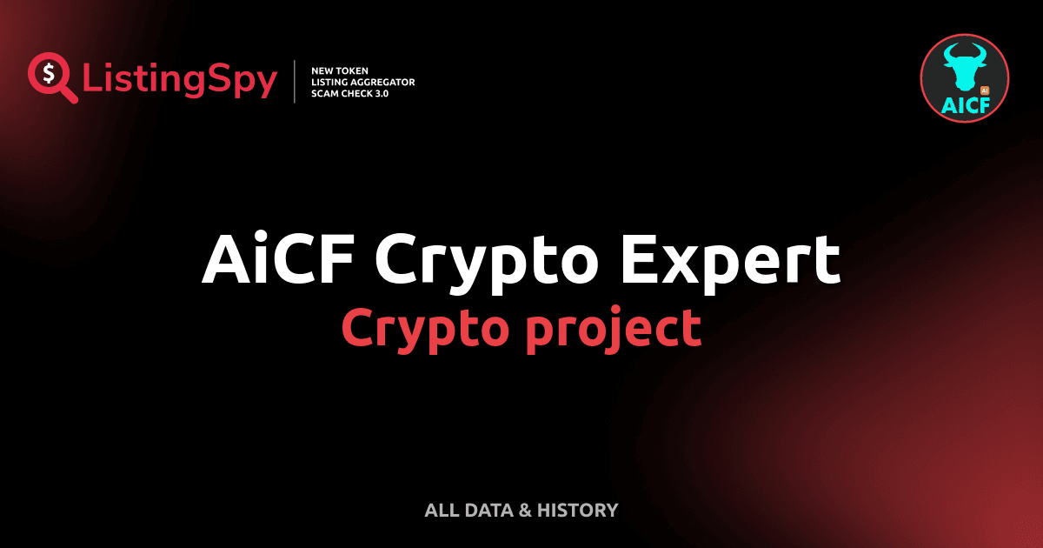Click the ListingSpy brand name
click(x=180, y=80)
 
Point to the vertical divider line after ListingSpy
click(x=296, y=81)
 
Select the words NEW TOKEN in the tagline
click(x=334, y=70)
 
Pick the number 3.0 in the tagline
click(x=379, y=93)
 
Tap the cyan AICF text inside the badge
click(x=964, y=104)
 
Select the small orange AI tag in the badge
click(x=984, y=90)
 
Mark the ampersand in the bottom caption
click(x=524, y=511)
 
